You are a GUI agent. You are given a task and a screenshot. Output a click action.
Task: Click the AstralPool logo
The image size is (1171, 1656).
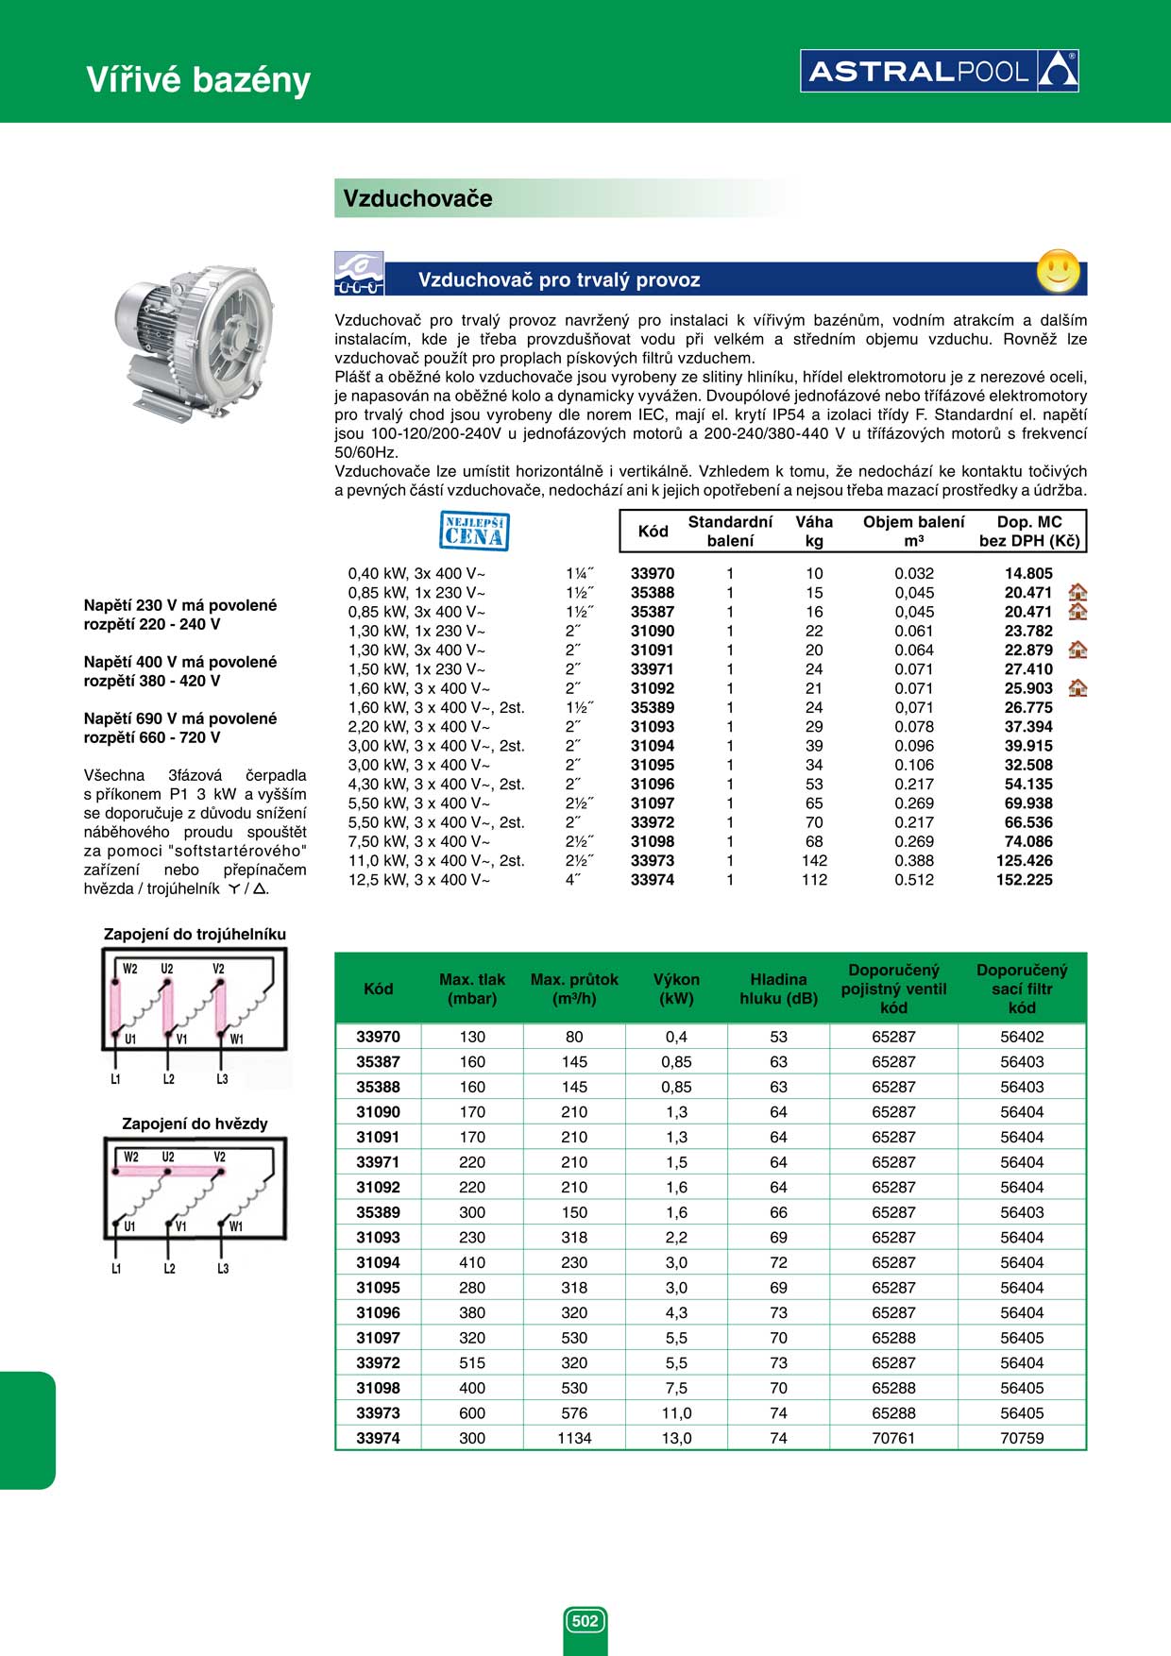(939, 71)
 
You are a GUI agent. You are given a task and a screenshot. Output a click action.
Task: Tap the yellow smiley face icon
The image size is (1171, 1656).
(1058, 271)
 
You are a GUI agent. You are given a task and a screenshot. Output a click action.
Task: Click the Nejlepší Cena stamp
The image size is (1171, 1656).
(474, 531)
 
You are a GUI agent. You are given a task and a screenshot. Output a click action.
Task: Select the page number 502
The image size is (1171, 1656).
(585, 1621)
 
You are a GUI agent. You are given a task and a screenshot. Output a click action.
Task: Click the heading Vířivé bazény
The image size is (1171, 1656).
(198, 79)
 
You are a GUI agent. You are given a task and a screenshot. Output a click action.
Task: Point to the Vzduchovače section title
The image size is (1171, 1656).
(417, 198)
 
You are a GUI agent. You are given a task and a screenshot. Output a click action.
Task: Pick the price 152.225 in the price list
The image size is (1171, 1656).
(1024, 880)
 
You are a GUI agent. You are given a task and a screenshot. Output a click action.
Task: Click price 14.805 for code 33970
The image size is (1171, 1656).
(1027, 573)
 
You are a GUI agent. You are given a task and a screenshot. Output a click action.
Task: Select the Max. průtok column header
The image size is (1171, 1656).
(574, 989)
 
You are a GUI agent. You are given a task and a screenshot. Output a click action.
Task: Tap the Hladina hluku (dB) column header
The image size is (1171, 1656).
(778, 989)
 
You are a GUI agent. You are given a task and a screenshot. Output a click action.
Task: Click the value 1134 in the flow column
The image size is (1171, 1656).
(574, 1438)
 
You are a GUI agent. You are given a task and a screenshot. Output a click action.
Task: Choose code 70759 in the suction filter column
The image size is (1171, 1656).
(1022, 1438)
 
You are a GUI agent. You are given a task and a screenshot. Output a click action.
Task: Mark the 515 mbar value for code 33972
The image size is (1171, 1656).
(472, 1362)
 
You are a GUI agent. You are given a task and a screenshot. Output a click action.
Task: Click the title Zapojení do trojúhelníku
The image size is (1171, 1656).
(195, 934)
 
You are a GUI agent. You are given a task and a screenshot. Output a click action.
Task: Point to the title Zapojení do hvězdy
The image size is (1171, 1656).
(195, 1124)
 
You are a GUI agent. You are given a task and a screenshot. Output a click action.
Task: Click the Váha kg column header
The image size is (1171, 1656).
(814, 531)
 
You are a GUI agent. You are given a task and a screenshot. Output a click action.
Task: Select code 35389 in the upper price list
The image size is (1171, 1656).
(653, 707)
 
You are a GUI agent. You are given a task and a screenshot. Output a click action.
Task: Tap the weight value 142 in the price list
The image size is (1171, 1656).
(814, 860)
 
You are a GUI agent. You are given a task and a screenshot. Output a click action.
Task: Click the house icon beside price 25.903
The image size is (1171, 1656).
(1078, 688)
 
